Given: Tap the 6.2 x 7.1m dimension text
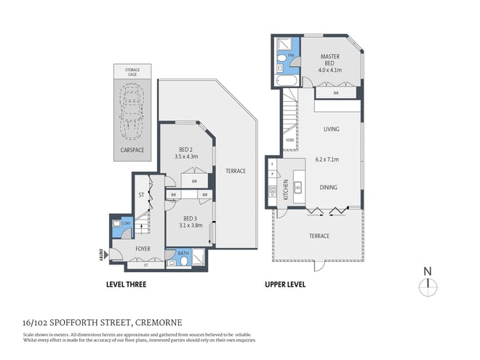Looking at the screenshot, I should (x=328, y=159).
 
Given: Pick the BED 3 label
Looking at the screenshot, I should (x=190, y=217).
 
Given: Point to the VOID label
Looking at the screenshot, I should (x=289, y=140).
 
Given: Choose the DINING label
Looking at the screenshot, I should (x=328, y=187).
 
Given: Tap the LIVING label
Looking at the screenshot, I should (x=331, y=129).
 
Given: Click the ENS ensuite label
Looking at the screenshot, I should (x=290, y=55).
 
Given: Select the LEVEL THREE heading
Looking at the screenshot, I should (x=126, y=284).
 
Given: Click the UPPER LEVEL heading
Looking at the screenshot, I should (x=284, y=284).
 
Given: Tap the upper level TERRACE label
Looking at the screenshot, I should (x=319, y=236).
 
